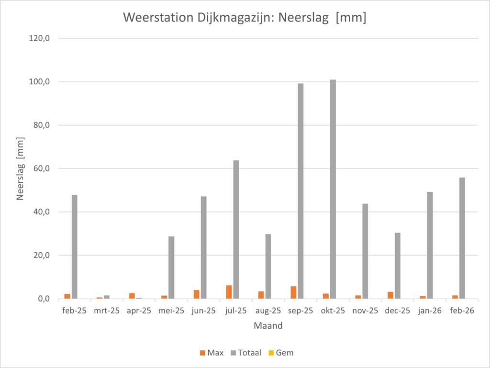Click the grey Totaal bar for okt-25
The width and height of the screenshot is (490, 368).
point(333,189)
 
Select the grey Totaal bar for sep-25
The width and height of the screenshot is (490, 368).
point(301,191)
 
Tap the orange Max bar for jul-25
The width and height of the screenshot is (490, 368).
point(229,292)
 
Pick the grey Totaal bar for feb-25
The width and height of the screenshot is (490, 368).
point(75,247)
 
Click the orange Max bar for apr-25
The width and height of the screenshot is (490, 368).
point(132,296)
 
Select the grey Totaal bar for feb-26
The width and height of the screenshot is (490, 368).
point(462,238)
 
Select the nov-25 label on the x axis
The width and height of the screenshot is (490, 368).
point(365,311)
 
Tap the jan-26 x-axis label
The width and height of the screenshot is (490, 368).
point(430,311)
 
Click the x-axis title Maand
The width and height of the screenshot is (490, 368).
point(268,326)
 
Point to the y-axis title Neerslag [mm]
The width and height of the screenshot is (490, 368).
point(21,168)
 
